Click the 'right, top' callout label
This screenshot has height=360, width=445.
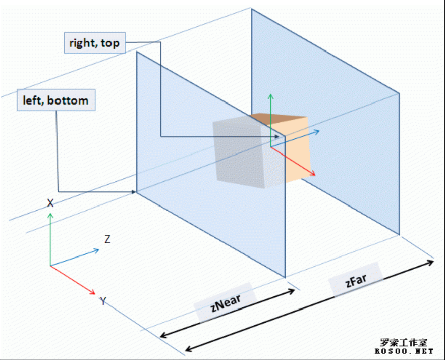(x=95, y=43)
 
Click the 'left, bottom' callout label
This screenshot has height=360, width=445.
(x=55, y=100)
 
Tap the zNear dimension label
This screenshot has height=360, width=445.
(x=226, y=305)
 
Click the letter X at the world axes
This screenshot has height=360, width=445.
(x=50, y=203)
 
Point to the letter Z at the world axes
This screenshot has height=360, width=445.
(x=107, y=239)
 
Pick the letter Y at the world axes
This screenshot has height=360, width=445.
(x=103, y=301)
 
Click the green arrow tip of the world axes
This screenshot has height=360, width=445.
(x=50, y=214)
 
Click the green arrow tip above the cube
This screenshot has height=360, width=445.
(x=271, y=95)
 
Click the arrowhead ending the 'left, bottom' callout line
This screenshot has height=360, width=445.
(x=135, y=192)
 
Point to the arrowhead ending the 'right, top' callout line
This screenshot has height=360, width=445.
(x=280, y=136)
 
